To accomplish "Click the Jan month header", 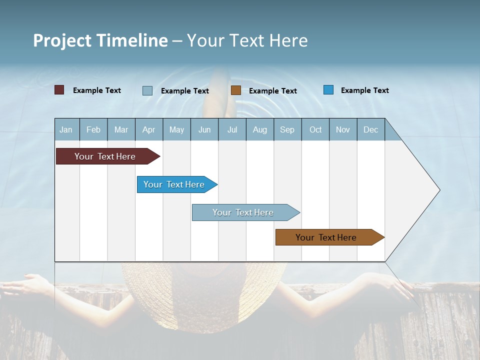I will tap(66, 130).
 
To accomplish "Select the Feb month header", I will tap(93, 130).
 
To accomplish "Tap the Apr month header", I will tap(148, 130).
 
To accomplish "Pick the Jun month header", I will tap(204, 130).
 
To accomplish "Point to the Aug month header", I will tap(259, 130).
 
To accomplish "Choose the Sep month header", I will tap(287, 130).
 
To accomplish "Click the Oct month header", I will tap(315, 130).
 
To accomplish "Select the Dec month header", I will tap(370, 130).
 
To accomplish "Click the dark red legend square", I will tap(59, 90).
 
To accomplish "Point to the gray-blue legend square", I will tap(147, 90).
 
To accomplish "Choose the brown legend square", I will tap(236, 90).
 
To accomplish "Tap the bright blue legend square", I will tap(328, 90).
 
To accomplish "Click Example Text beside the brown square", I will tap(273, 91).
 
